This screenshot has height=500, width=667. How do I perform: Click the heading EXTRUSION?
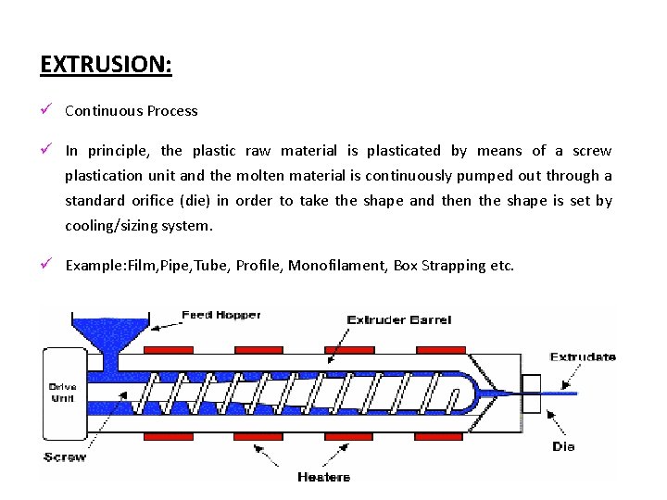point(107,66)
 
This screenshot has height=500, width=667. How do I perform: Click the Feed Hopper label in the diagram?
point(221,316)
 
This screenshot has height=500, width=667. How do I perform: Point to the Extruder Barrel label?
point(399,320)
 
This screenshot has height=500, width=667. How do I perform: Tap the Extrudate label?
point(583,356)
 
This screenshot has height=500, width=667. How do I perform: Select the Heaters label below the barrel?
point(324,477)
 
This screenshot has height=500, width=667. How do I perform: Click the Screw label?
point(65,456)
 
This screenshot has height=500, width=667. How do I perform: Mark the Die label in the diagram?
point(563,446)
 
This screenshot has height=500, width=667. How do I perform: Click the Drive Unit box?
point(62,392)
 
